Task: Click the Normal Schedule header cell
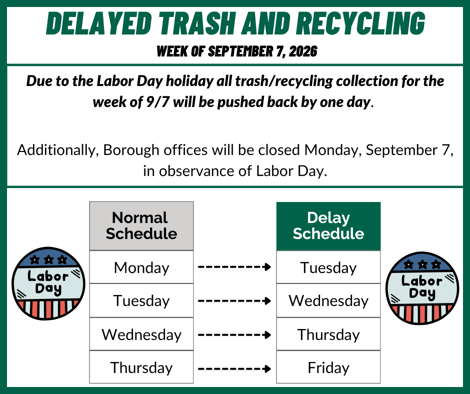tap(141, 226)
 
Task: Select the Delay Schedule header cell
tap(328, 226)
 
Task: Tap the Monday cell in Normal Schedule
tap(141, 267)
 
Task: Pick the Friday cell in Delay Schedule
tap(328, 367)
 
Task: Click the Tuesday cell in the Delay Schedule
tap(328, 267)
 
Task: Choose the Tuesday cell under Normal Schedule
tap(141, 300)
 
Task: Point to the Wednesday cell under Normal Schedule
tap(141, 334)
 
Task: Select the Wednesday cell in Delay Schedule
tap(328, 300)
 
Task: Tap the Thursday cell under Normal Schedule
tap(141, 367)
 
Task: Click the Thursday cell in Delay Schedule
tap(328, 334)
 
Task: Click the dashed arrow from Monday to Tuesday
tap(234, 267)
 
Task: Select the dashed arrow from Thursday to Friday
tap(234, 368)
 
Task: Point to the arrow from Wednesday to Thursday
tap(234, 334)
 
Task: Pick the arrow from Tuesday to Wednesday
tap(234, 300)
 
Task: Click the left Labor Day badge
tap(48, 283)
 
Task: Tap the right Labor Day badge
tap(422, 288)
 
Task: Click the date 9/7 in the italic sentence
tap(157, 102)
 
